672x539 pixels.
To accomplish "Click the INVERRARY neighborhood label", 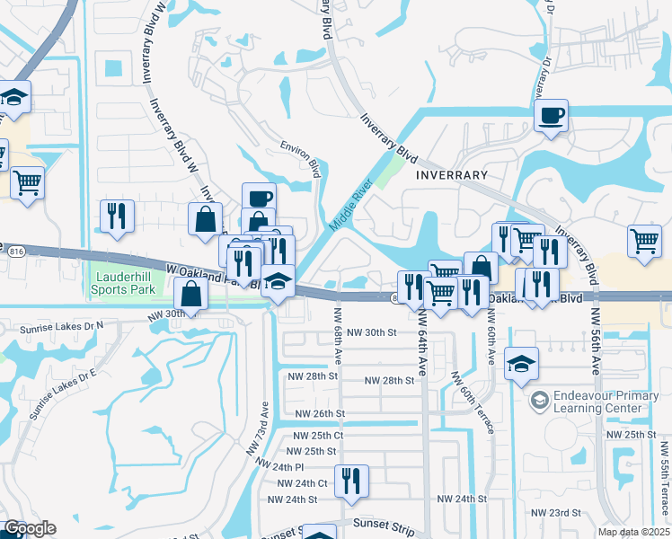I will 452,175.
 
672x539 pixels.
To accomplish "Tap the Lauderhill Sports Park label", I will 126,285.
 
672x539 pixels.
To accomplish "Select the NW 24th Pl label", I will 280,467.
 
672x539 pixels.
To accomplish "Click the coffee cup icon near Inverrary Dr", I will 552,115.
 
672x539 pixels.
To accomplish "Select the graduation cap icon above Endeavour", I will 522,364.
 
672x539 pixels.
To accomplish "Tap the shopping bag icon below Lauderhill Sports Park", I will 191,293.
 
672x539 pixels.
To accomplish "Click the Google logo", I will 30,528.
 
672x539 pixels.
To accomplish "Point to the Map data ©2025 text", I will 634,532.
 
